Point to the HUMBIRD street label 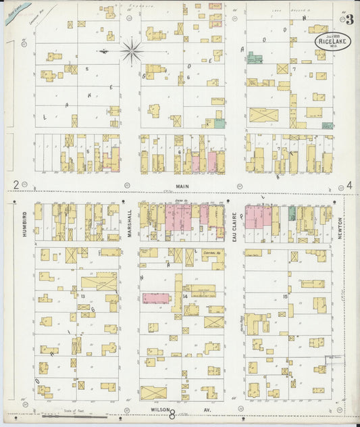25,222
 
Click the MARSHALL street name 129,222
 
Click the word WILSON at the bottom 158,409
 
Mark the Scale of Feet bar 74,416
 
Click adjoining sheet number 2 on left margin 15,184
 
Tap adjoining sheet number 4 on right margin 349,184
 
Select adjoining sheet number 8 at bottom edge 172,415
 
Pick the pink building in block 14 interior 155,298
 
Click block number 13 82,295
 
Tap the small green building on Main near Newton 292,214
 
